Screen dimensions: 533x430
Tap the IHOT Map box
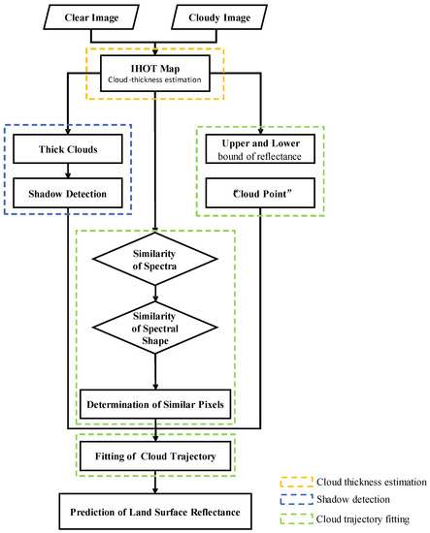coord(157,73)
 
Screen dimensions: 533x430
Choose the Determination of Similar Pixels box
coord(157,403)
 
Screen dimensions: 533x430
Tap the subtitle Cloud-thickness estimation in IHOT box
coord(157,80)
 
